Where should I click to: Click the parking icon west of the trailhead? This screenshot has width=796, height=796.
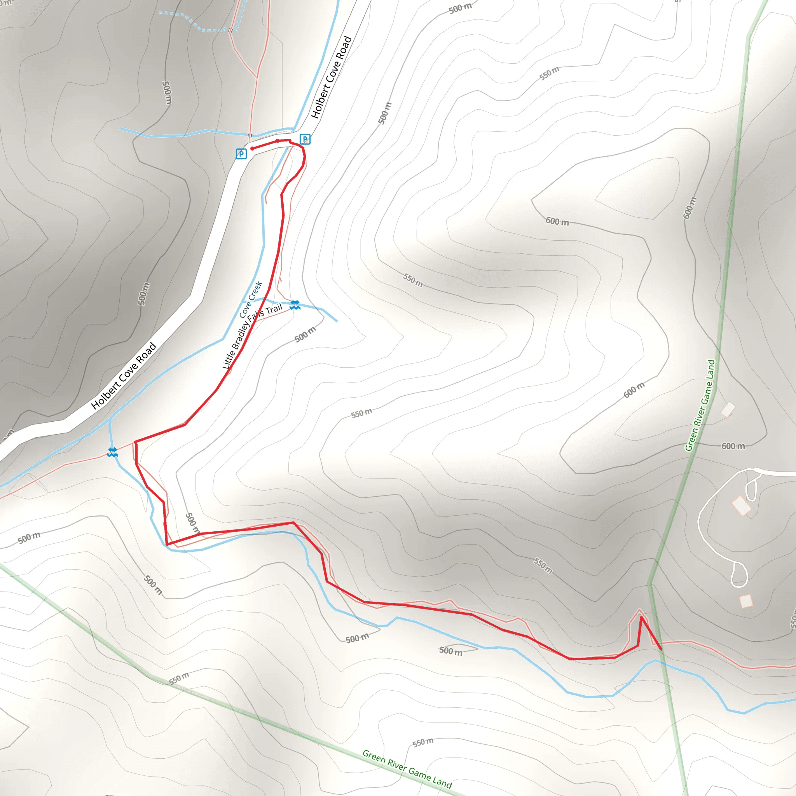click(241, 154)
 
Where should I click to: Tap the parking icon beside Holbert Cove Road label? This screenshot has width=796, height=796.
click(305, 139)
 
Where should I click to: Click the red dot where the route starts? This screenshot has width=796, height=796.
click(252, 149)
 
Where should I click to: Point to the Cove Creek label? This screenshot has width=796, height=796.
click(251, 300)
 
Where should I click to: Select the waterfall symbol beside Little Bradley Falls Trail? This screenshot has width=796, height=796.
click(295, 305)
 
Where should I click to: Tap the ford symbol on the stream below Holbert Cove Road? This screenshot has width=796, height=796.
click(112, 452)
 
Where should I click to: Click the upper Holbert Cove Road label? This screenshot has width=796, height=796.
click(331, 77)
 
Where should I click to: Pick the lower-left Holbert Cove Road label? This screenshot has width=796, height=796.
click(124, 376)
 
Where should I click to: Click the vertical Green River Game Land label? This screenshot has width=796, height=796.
click(700, 405)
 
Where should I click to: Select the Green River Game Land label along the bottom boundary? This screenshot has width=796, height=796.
click(407, 768)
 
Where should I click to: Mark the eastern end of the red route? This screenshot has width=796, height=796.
click(661, 650)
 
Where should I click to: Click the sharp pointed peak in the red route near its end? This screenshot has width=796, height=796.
click(641, 617)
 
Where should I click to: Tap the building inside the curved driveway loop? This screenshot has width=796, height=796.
click(741, 506)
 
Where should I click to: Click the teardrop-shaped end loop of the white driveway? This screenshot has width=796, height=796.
click(739, 574)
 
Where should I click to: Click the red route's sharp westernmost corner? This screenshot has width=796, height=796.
click(135, 442)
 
